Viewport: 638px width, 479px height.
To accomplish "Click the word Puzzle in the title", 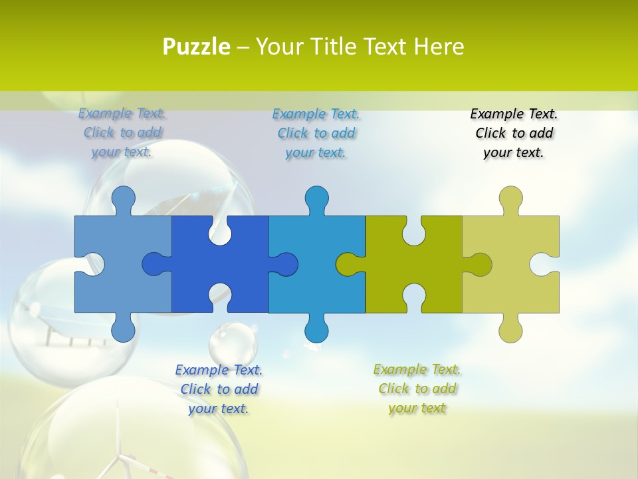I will click(197, 47).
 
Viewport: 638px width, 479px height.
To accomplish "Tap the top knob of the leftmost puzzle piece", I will click(123, 199).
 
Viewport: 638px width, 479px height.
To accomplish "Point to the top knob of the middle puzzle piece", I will click(317, 199).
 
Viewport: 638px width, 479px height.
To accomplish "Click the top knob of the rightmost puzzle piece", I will click(510, 199).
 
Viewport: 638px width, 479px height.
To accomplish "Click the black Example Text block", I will click(514, 133).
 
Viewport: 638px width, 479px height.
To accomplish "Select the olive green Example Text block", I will click(417, 389).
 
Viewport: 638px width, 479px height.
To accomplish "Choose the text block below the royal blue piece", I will click(219, 389).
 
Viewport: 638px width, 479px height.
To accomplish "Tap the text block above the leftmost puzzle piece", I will click(122, 133).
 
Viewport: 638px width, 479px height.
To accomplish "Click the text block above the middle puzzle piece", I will click(316, 133).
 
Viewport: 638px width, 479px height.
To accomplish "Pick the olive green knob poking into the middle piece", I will click(348, 264).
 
